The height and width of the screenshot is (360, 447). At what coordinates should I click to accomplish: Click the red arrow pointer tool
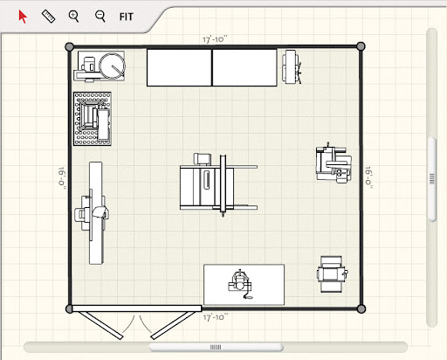(x=22, y=17)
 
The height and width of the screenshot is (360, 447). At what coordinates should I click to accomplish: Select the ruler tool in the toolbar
(x=49, y=17)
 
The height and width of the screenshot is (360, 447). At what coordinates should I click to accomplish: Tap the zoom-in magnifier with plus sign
(x=73, y=17)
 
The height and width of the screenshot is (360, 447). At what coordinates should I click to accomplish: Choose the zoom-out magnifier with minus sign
(x=100, y=17)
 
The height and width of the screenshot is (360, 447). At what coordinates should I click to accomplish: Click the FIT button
(x=126, y=17)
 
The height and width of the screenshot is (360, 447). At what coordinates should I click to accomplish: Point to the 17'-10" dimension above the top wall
(x=215, y=39)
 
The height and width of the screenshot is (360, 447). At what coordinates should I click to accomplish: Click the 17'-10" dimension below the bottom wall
(x=216, y=317)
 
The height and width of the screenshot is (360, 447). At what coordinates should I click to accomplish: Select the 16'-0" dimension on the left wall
(x=62, y=177)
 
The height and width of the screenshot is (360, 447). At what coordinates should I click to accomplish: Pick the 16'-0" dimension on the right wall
(x=369, y=177)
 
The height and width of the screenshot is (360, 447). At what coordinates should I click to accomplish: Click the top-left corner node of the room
(x=70, y=46)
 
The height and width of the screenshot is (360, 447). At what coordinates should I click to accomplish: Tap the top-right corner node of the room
(x=361, y=46)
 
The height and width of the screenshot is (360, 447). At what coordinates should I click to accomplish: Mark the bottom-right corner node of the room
(x=361, y=308)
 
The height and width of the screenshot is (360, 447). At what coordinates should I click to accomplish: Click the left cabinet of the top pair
(x=179, y=67)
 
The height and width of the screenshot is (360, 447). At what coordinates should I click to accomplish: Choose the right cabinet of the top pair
(x=244, y=67)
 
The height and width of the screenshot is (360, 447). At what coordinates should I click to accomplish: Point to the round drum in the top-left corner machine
(x=112, y=66)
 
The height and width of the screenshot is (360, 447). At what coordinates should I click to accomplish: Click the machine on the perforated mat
(x=93, y=119)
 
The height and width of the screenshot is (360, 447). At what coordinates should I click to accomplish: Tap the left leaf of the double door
(x=102, y=325)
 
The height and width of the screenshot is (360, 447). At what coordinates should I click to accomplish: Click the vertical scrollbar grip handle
(x=432, y=178)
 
